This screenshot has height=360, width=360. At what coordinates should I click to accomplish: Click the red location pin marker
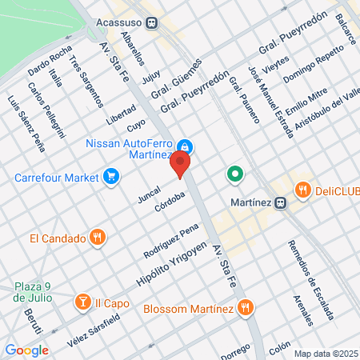[181, 164]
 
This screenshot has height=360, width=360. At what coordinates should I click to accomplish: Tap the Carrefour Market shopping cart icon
[112, 175]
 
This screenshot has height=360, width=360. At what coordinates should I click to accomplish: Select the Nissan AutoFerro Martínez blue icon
[185, 146]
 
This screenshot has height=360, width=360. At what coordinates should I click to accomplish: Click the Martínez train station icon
[279, 202]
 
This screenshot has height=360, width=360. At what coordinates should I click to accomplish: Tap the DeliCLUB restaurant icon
[302, 190]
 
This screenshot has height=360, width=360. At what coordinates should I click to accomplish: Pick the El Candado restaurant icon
[96, 237]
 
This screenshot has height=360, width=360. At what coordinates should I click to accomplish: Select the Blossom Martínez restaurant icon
[246, 308]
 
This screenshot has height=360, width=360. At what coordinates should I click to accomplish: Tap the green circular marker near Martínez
[234, 173]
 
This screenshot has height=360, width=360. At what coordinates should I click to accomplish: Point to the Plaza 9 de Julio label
[33, 292]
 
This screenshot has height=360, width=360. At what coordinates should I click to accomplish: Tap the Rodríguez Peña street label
[170, 238]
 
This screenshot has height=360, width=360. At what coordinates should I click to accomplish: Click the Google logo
[26, 350]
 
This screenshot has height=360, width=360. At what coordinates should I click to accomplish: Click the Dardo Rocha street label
[50, 58]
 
